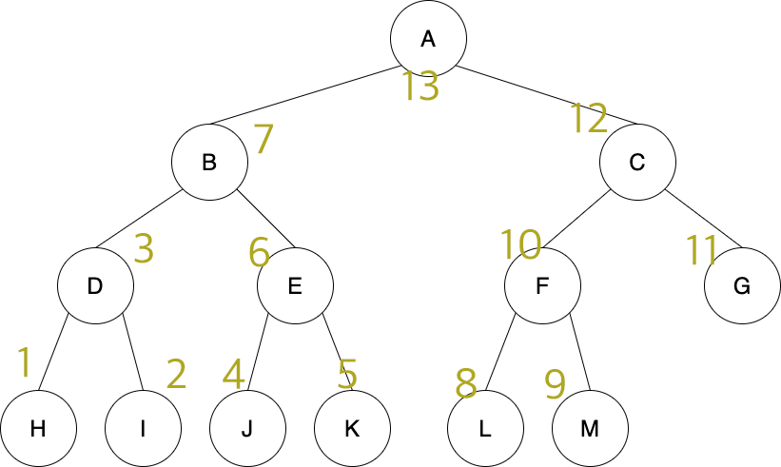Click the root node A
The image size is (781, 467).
point(428,38)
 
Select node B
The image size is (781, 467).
point(209,162)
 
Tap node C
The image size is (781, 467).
point(637,162)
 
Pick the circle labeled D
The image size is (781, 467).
point(95,285)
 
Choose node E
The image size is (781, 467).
point(295,285)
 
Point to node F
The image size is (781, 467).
point(542,285)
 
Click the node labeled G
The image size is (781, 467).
point(743,285)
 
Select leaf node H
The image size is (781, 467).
point(38,428)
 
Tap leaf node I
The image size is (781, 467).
point(143,428)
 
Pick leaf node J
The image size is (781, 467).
point(247,428)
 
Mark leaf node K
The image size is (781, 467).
point(352,428)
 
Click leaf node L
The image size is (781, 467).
point(485,428)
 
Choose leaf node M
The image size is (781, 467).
point(590,428)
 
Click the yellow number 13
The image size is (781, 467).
point(420,87)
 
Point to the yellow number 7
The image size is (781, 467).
point(264,141)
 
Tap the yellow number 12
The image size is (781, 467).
point(589,119)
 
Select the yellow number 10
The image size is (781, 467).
point(520,245)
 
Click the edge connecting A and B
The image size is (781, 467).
point(304,96)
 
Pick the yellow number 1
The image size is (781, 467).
point(25,361)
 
